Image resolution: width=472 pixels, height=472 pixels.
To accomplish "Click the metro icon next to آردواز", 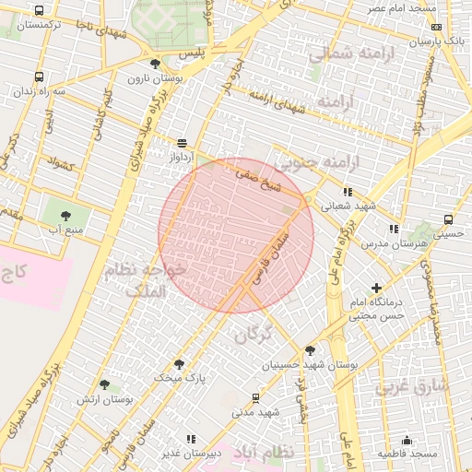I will [182, 143].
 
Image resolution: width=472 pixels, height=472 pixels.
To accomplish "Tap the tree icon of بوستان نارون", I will [155, 64].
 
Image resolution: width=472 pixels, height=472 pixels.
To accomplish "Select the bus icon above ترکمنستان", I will [39, 11].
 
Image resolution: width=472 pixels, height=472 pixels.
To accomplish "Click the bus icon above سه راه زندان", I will [39, 77].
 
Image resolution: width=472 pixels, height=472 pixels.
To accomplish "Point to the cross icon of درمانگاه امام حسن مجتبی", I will [376, 289].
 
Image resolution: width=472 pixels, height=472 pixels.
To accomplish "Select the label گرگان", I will [254, 334].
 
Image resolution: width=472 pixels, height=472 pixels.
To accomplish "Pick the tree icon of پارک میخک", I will [179, 363].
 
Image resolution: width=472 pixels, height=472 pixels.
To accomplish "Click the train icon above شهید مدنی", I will [256, 397].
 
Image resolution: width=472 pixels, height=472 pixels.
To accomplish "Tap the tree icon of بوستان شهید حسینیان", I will [310, 350].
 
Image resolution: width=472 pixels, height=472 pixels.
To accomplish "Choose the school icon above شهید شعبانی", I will [347, 192].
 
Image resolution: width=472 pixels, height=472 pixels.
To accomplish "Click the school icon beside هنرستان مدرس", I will [394, 228].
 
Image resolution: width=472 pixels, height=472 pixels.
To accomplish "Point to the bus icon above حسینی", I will [448, 219].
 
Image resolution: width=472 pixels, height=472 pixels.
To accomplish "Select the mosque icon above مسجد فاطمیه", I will [407, 440].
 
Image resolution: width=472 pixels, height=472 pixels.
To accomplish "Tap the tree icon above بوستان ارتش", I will [103, 385].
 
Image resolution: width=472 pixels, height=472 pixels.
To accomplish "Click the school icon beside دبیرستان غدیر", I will [191, 440].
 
